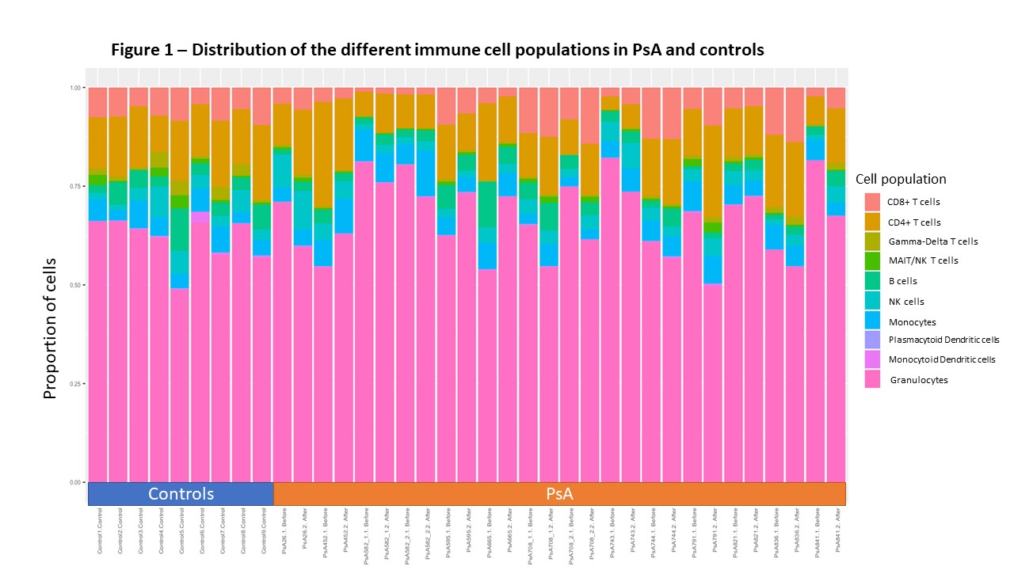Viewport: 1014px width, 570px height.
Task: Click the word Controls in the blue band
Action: (181, 494)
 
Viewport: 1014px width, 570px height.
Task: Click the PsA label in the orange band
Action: (559, 494)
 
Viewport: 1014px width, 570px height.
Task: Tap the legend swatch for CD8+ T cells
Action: (872, 201)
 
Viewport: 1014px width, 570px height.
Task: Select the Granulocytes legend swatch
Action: (872, 379)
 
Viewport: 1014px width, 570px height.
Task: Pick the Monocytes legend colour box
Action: (872, 320)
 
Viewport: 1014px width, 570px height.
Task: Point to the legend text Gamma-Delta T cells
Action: (932, 241)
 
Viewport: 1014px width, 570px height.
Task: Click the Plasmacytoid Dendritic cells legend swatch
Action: (872, 340)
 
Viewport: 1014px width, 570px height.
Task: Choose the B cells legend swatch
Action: (872, 280)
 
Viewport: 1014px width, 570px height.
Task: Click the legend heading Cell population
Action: (901, 179)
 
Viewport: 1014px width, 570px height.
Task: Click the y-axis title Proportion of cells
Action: (51, 328)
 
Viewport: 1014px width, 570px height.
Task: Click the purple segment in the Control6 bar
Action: (200, 217)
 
